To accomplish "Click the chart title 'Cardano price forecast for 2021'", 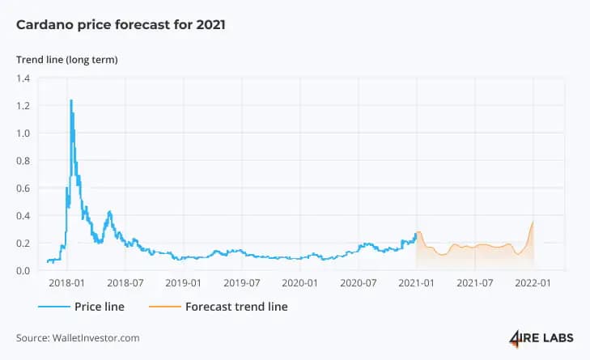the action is (x=121, y=25).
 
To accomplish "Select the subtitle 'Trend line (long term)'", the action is (x=67, y=60).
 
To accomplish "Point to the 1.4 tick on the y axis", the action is (x=23, y=78).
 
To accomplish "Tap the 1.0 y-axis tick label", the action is (x=23, y=133).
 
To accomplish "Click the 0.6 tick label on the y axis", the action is (x=23, y=188).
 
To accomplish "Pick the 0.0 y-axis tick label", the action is (x=23, y=270).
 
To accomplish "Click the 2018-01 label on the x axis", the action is (x=66, y=283).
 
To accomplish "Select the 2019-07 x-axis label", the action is (x=241, y=283).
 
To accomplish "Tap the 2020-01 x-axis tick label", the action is (x=300, y=283).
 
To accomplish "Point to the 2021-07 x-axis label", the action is (x=475, y=283).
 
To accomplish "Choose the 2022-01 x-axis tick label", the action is (x=533, y=283).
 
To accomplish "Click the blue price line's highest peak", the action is (x=70, y=100).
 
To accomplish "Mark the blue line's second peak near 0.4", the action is (x=109, y=212).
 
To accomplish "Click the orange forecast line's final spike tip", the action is (x=533, y=222).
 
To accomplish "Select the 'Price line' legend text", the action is (x=100, y=307).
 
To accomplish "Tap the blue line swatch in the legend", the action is (x=53, y=307).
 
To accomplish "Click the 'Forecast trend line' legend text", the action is (x=236, y=307).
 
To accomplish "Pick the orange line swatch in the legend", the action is (x=165, y=307).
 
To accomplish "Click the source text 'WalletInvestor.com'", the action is (x=96, y=338).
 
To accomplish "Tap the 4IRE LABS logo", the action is (x=541, y=338).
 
